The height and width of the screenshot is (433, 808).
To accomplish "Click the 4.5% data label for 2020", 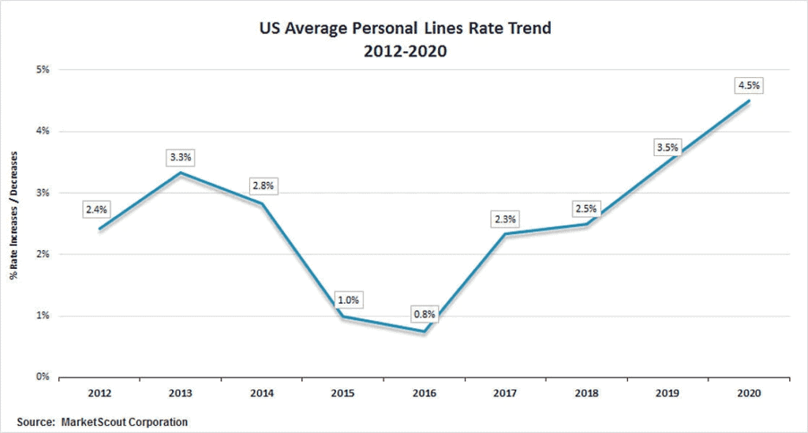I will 750,85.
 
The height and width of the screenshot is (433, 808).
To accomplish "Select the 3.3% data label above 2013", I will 180,157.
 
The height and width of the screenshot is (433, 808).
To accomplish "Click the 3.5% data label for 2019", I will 668,147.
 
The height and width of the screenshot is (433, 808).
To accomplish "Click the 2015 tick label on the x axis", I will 343,391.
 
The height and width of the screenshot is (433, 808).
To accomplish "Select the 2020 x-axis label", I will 749,391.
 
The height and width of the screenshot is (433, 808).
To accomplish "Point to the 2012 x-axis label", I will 99,391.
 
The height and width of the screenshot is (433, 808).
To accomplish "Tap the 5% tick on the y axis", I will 43,69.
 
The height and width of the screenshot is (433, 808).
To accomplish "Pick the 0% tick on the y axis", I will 43,377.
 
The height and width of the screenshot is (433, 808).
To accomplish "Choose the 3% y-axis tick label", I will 43,192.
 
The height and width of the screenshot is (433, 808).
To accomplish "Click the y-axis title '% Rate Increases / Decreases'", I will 14,223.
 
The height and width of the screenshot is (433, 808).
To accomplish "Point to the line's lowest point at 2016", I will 425,332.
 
